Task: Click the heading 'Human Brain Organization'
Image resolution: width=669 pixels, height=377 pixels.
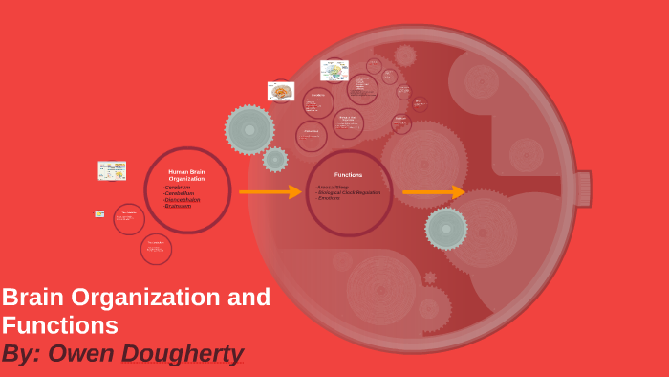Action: coord(186,175)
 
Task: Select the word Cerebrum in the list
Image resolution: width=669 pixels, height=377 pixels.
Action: coord(178,188)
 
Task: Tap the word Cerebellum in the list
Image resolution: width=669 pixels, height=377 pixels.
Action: coord(180,193)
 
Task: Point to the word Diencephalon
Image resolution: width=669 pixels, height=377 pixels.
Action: coord(183,199)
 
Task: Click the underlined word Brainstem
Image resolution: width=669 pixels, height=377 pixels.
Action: coord(178,206)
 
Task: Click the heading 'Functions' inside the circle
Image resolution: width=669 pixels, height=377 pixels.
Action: coord(349,175)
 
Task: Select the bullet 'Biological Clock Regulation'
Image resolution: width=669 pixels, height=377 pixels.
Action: coord(350,192)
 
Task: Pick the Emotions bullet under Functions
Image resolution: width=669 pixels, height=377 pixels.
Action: coord(329,198)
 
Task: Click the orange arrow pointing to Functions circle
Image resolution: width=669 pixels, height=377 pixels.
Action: coord(270,192)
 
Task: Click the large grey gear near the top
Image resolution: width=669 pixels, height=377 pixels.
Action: coord(249,129)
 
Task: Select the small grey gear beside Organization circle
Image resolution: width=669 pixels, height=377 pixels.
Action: coord(275,160)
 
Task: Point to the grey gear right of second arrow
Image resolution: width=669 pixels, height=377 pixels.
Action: coord(446,229)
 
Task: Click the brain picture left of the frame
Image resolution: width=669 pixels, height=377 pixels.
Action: coord(281,92)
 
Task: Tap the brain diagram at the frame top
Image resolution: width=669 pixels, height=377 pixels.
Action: coord(334,71)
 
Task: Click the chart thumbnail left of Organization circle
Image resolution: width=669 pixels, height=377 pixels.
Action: coord(112,170)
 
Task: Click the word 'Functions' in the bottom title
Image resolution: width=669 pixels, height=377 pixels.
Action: coord(59,325)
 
